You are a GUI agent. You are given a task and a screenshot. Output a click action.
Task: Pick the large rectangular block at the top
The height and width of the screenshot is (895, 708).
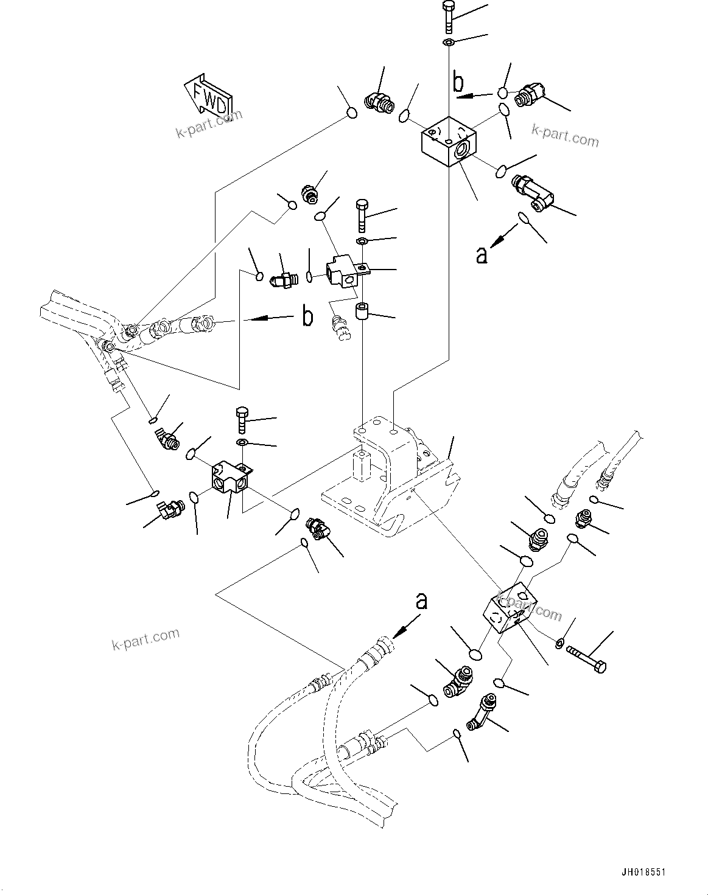[448, 141]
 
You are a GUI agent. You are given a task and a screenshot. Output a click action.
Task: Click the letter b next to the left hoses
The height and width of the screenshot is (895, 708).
[309, 316]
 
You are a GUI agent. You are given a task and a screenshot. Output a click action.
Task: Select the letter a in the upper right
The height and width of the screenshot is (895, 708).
[482, 255]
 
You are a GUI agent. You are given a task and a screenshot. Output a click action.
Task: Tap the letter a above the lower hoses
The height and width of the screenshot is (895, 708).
[421, 602]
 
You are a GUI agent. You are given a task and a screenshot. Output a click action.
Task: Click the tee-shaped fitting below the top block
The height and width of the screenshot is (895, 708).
[533, 192]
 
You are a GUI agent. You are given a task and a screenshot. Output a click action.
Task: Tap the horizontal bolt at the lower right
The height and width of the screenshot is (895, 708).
[586, 660]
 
